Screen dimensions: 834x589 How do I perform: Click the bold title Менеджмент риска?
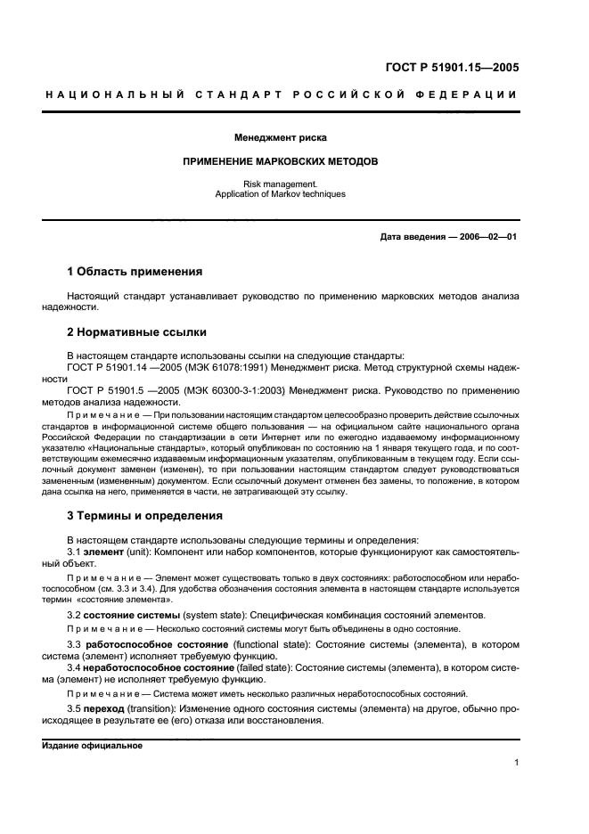280,138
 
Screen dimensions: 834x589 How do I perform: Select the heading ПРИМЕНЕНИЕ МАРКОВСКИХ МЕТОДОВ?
281,163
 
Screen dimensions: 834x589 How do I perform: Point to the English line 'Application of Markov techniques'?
281,193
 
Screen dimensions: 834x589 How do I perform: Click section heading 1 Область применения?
135,271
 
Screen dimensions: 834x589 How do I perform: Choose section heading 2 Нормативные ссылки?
137,332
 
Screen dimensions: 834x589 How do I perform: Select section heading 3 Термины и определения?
147,516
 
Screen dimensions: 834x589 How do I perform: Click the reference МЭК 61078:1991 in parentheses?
222,366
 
